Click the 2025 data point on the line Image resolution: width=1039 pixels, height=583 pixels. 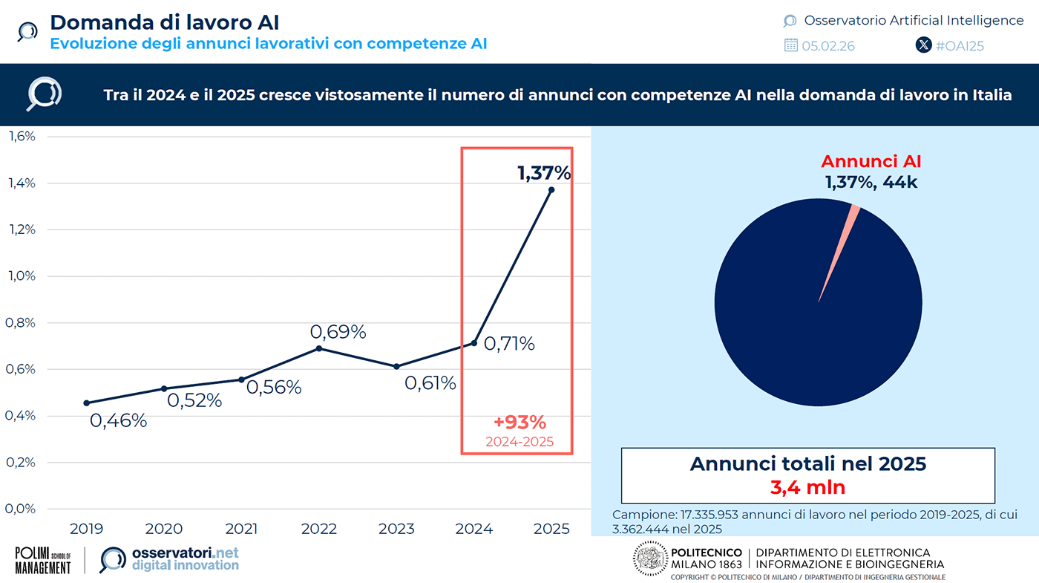(x=551, y=190)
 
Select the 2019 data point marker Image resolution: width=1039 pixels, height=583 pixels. (x=87, y=403)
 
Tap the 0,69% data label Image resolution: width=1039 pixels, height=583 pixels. (x=338, y=332)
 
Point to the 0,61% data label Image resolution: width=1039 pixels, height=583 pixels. (x=430, y=383)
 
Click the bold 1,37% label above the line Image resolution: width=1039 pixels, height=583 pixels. (x=544, y=174)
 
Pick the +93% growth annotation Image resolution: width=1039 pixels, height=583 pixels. (x=519, y=423)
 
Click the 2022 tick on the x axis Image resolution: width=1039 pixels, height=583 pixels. (x=319, y=529)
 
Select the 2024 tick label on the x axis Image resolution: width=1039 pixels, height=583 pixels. (x=473, y=529)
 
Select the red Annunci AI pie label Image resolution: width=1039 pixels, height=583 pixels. (x=871, y=161)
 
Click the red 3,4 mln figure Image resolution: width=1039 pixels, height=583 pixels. (x=807, y=488)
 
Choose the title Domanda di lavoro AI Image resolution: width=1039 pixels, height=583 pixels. (x=165, y=22)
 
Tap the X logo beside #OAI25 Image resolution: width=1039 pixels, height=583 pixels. (x=923, y=45)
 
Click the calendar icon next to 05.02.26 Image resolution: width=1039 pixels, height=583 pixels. (x=791, y=45)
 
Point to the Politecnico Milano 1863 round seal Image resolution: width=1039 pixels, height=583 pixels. (x=650, y=558)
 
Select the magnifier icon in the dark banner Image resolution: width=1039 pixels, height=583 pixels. (x=44, y=94)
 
